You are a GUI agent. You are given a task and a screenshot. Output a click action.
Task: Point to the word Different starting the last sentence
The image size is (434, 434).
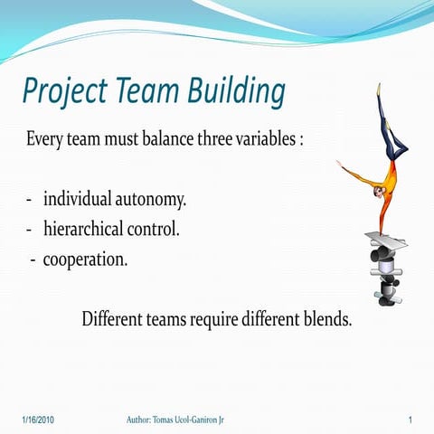[112, 319]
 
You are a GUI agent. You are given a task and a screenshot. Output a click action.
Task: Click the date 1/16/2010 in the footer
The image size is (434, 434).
[39, 420]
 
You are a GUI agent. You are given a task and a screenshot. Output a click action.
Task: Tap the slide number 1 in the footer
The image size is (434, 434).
[410, 420]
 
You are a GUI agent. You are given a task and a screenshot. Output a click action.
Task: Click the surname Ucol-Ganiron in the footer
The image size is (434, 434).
[217, 420]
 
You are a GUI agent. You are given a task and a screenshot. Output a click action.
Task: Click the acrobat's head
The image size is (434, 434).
[376, 191]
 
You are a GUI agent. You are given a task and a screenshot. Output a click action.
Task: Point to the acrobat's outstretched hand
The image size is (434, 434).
[340, 165]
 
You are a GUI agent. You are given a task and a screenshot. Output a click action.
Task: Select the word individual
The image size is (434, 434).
[80, 198]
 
